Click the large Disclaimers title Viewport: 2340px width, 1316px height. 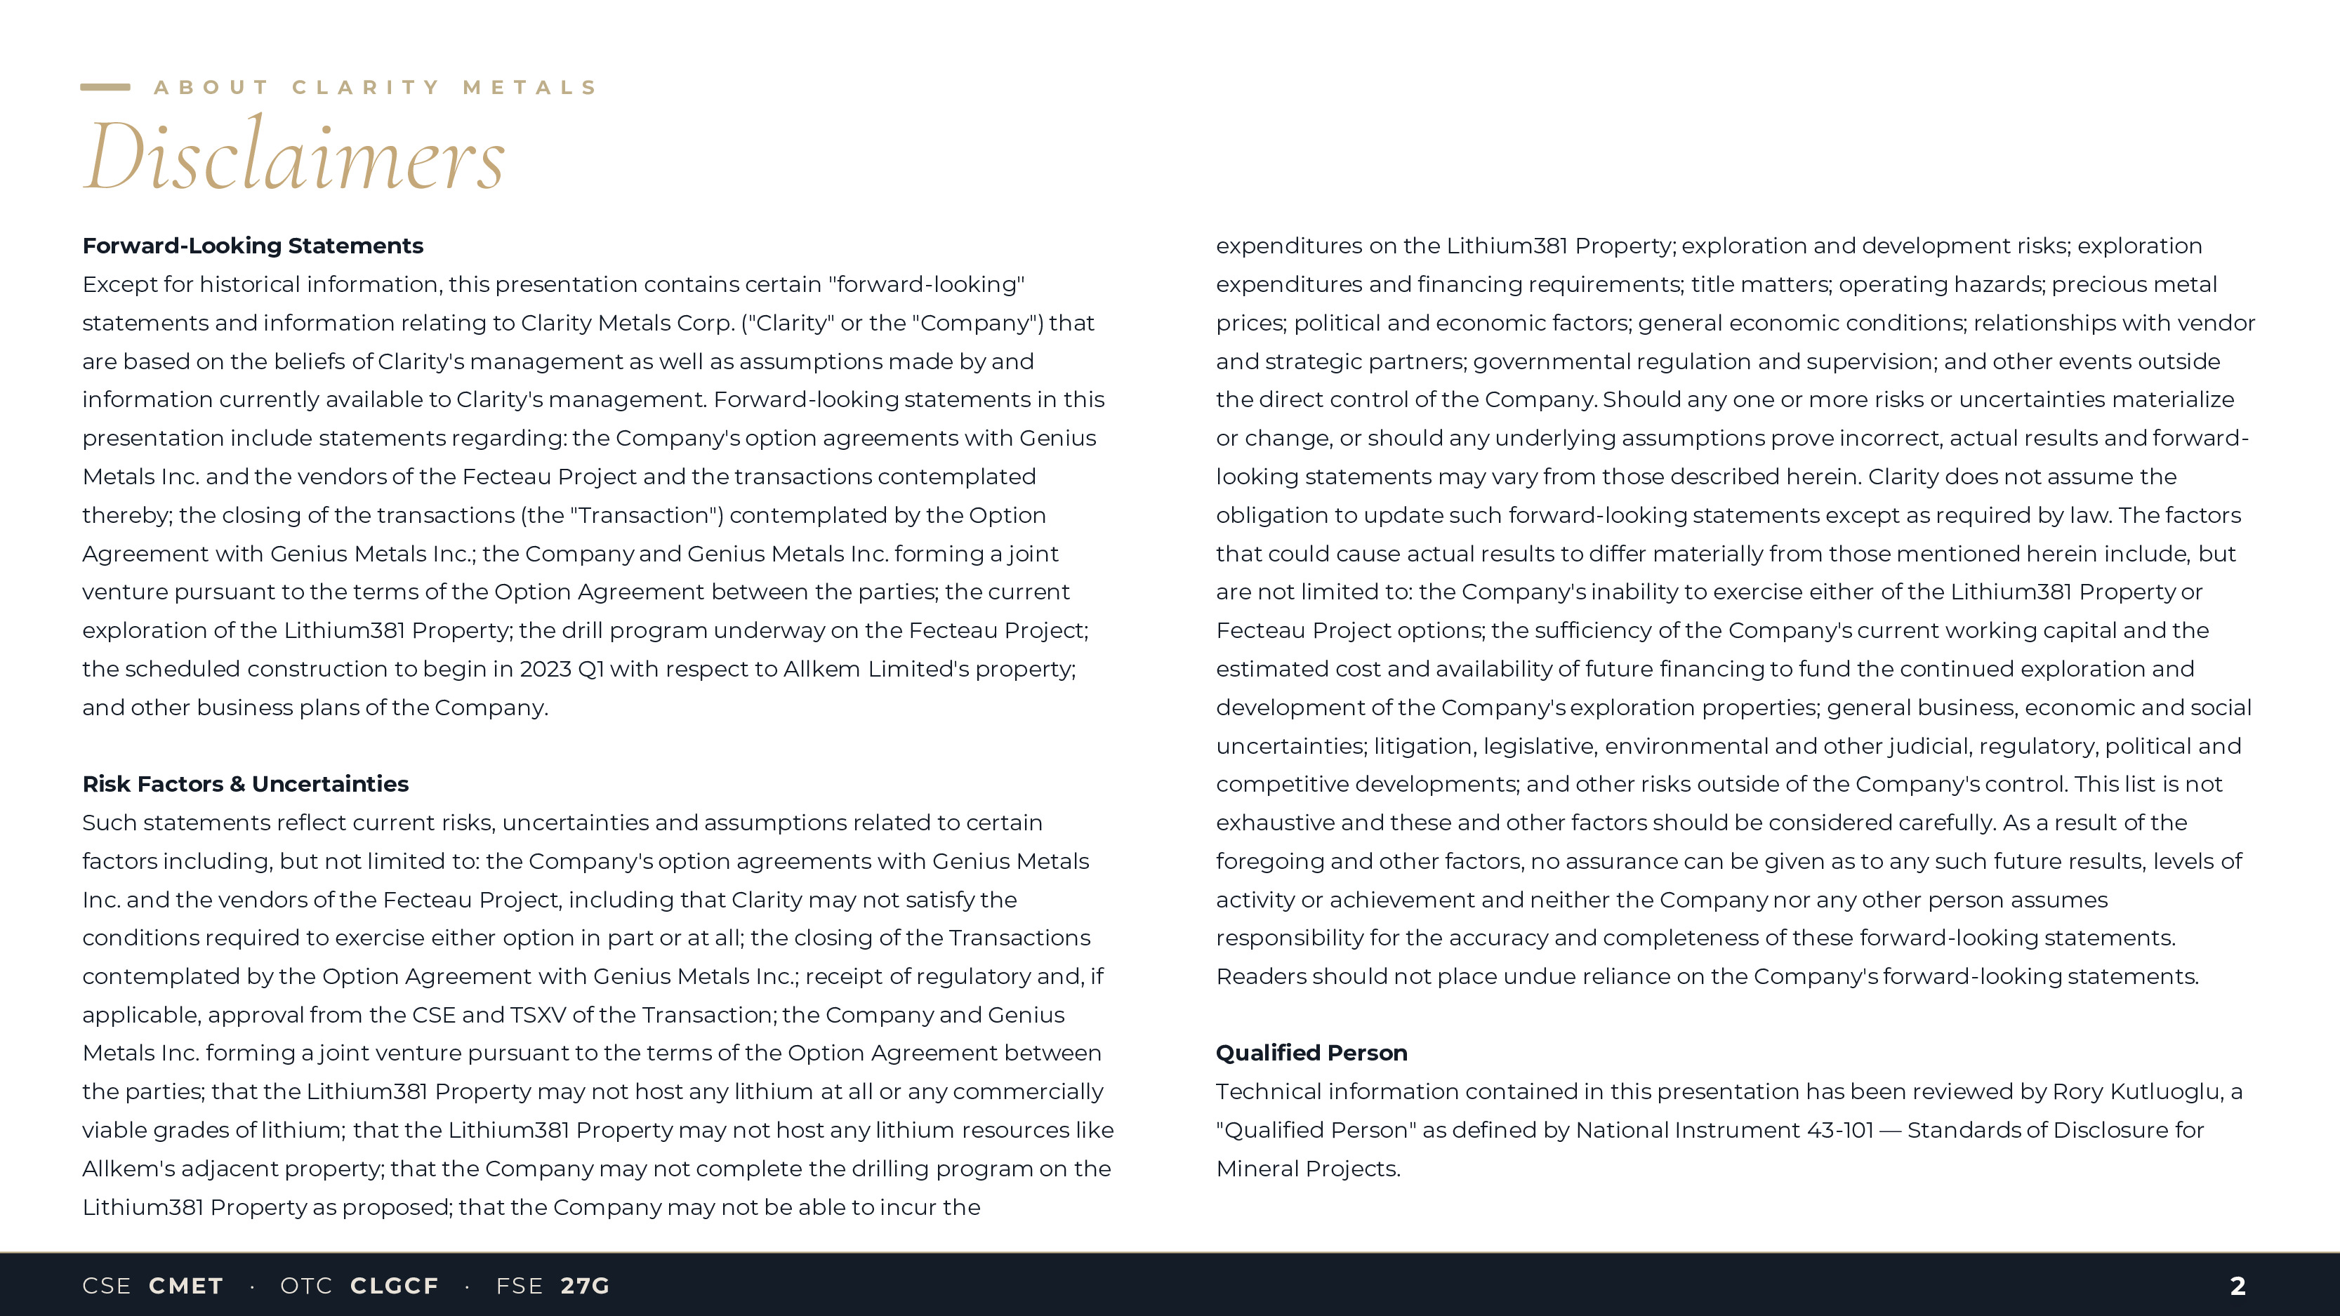pos(293,157)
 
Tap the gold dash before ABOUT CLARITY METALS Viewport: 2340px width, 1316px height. pos(105,87)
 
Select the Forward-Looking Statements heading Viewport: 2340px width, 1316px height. pos(253,246)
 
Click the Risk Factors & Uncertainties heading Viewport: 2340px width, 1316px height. pos(245,784)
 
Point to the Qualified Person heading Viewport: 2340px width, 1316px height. pos(1311,1053)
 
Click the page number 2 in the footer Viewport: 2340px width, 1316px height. pos(2237,1286)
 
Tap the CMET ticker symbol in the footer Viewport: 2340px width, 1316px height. pos(186,1286)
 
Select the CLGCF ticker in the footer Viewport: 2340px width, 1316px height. pos(395,1286)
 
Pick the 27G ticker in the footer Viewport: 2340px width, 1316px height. pos(585,1286)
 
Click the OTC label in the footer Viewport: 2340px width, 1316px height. pos(306,1286)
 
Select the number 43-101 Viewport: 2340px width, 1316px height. pos(1840,1131)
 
